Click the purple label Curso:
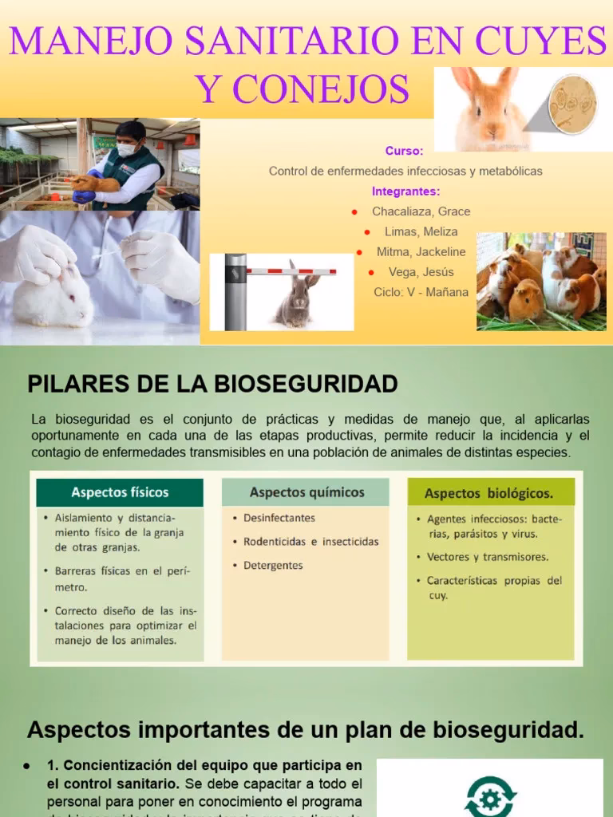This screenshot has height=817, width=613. coord(404,151)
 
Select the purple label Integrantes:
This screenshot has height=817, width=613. coord(405,191)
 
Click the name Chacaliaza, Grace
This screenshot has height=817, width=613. coord(421,211)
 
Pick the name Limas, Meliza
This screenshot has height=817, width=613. coord(421,231)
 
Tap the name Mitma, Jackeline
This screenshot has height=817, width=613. coord(421,251)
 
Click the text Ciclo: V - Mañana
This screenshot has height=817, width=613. coord(421,292)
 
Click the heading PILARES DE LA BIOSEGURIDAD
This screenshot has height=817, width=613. coord(212,385)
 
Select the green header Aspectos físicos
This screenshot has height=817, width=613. coord(120,492)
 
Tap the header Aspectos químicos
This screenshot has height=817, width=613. coord(306,492)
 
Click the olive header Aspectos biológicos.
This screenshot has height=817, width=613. coord(488,493)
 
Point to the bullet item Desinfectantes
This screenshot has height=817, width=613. coord(279,518)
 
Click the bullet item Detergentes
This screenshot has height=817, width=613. coord(273,565)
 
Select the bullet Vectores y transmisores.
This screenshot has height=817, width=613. coord(487,557)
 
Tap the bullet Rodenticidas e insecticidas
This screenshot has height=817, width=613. coord(310,541)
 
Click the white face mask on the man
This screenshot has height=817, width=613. coord(126,149)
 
